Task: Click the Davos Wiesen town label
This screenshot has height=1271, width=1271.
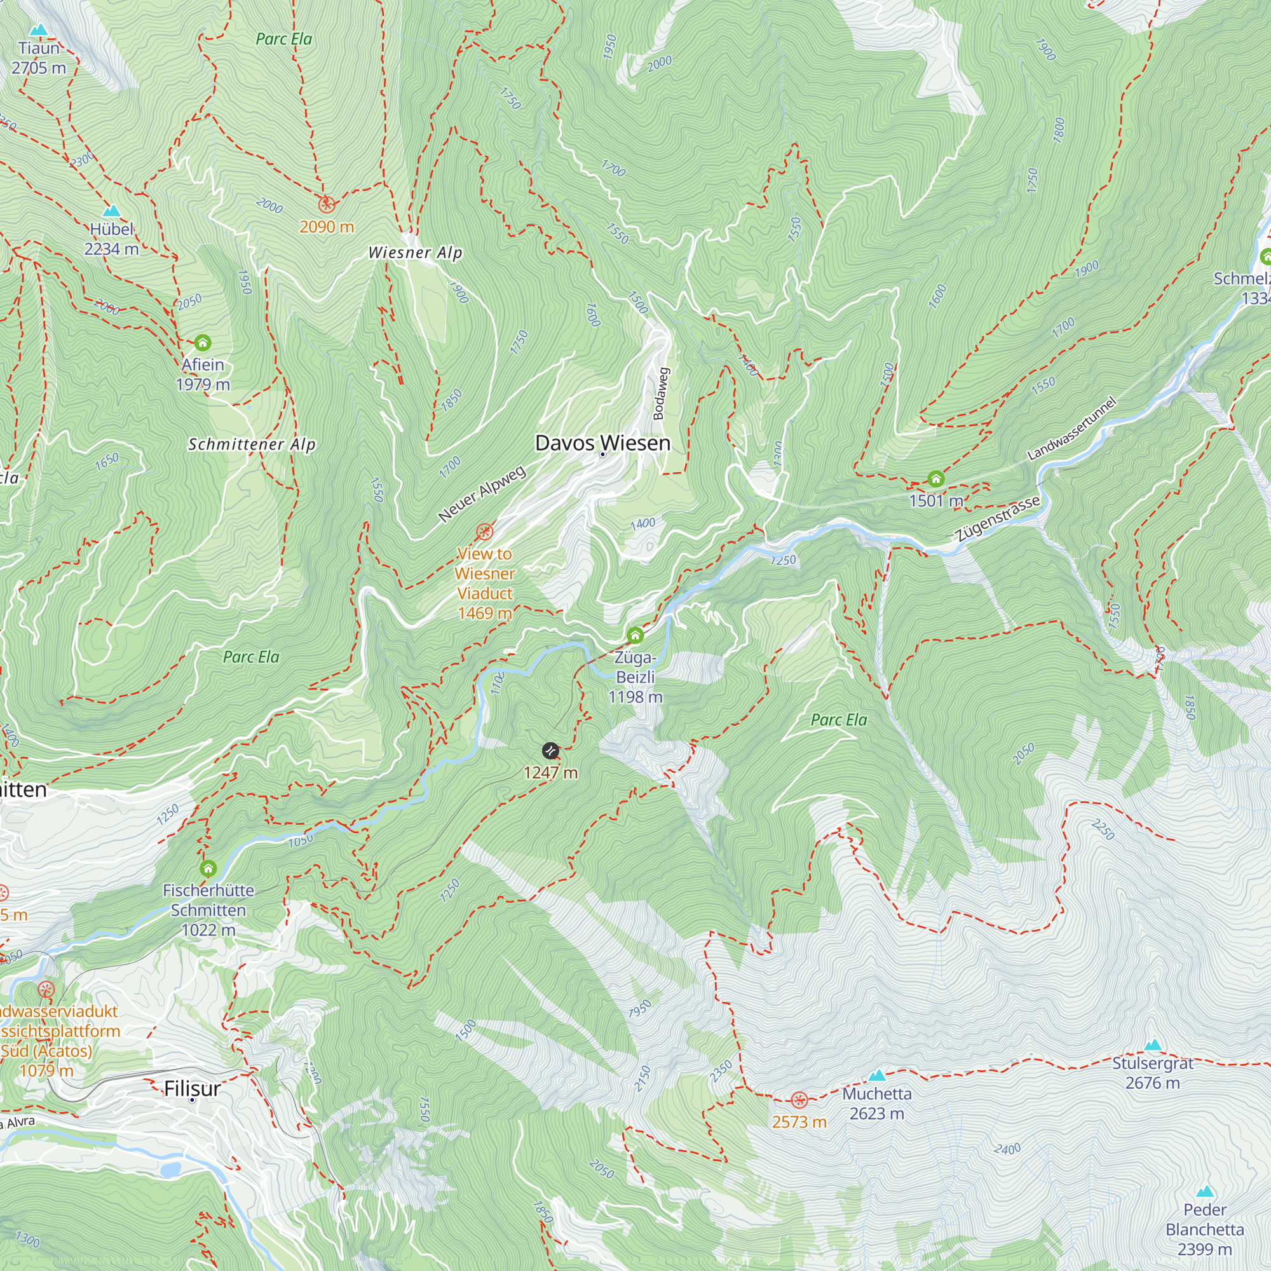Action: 602,442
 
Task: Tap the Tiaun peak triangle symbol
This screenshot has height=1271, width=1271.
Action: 39,30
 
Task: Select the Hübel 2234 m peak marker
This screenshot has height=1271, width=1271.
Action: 112,210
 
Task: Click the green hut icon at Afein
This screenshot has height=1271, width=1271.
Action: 203,342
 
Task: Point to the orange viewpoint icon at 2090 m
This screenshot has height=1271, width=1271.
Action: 326,205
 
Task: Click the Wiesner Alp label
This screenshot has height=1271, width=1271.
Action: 415,253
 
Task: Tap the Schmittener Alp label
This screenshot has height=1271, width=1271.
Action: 252,444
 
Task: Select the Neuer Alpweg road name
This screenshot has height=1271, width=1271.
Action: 482,493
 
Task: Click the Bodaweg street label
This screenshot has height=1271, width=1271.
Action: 660,393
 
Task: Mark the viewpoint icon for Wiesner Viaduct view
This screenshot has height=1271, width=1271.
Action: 485,531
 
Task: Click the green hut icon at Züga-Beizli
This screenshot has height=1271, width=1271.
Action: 635,635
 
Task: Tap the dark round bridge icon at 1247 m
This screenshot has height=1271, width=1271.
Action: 550,751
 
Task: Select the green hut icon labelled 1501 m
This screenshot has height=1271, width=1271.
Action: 935,479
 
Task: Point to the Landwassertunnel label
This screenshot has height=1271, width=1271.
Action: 1071,428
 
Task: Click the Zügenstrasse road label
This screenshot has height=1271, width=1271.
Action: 998,518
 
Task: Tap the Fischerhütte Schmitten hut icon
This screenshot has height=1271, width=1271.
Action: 208,868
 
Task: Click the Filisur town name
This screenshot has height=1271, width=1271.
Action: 192,1088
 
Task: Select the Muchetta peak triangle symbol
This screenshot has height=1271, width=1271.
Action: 876,1076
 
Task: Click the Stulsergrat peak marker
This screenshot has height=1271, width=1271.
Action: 1153,1045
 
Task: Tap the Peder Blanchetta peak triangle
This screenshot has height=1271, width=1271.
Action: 1204,1192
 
